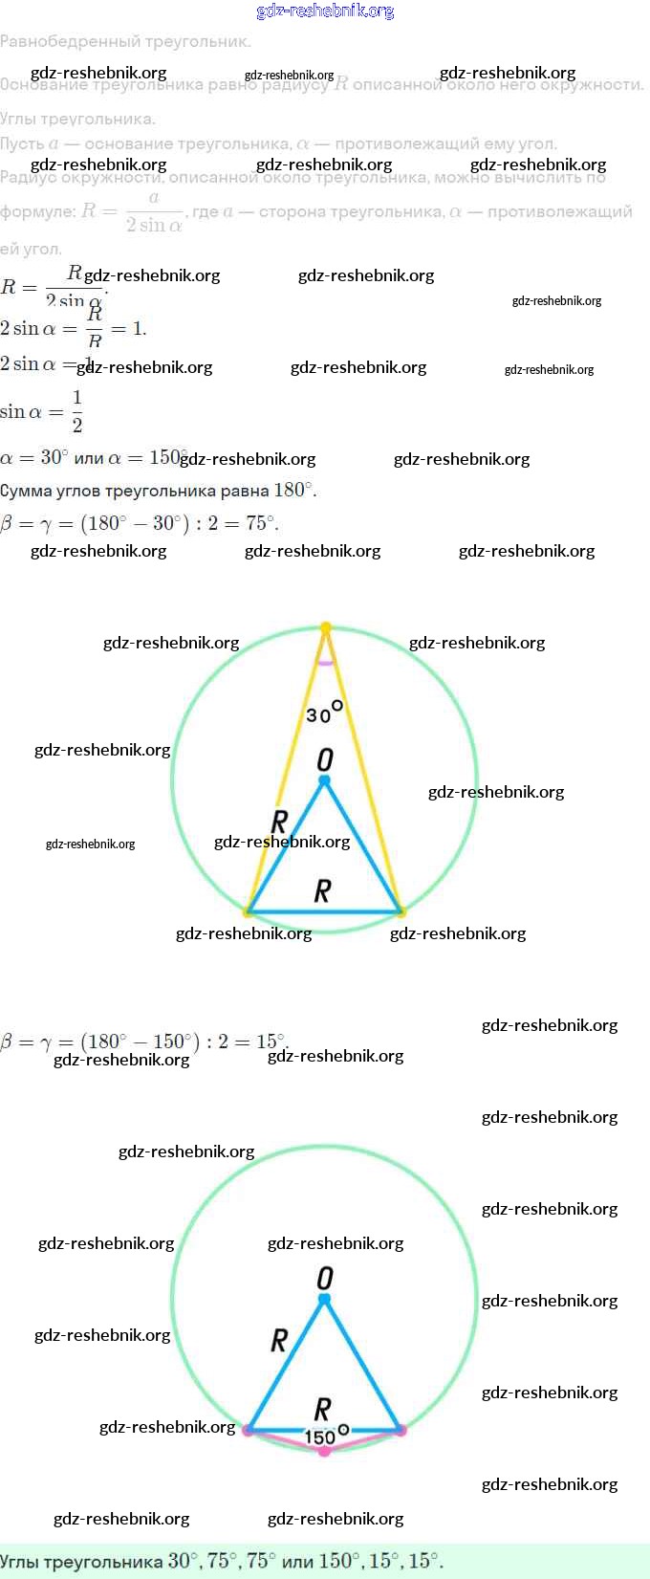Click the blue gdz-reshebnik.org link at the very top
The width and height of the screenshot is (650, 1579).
(325, 11)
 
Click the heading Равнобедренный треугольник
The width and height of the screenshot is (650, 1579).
(125, 41)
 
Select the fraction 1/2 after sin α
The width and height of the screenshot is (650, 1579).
(77, 411)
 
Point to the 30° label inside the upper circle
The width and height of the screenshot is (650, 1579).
(324, 713)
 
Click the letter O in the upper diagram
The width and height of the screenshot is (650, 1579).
(325, 759)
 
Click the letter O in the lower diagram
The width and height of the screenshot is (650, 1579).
(325, 1278)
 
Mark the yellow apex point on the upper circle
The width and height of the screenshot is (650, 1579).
(326, 627)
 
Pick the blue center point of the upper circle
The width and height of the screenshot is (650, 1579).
(324, 781)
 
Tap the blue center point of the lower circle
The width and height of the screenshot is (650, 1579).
(324, 1299)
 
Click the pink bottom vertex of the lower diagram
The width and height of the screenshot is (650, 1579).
(325, 1451)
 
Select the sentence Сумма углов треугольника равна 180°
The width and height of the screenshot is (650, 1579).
(158, 490)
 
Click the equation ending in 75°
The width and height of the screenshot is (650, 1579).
(140, 523)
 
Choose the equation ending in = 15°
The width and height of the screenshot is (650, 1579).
(143, 1041)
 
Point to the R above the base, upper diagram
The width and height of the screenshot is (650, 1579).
(323, 891)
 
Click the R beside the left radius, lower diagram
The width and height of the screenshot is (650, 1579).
(279, 1340)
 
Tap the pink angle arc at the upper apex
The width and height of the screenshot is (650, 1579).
(326, 661)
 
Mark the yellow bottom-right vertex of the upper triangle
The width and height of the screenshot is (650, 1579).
(401, 911)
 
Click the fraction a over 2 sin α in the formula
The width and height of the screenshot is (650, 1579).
(154, 211)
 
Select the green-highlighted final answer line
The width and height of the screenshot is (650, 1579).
(222, 1561)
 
